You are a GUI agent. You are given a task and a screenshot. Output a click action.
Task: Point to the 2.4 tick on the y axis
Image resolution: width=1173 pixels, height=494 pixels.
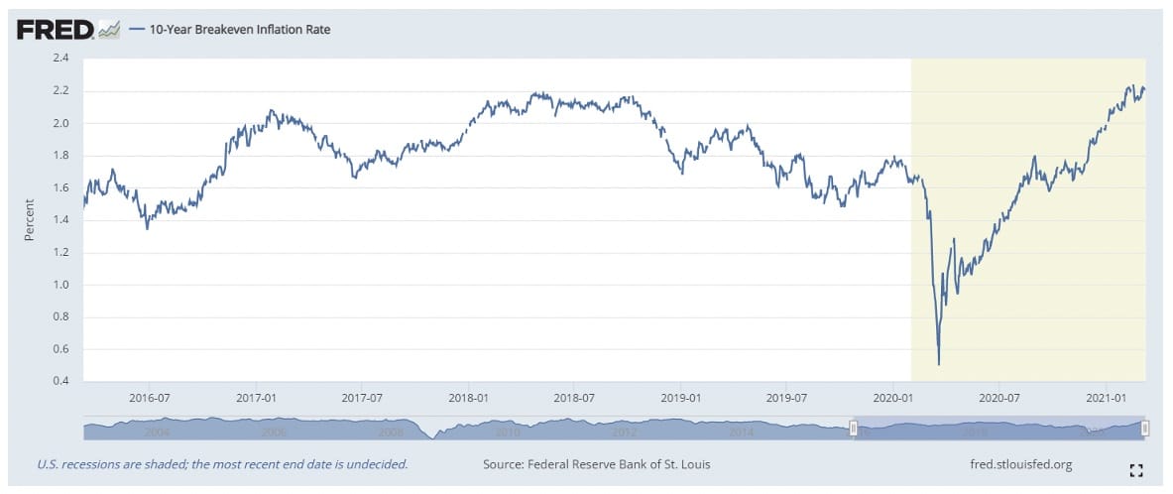(61, 59)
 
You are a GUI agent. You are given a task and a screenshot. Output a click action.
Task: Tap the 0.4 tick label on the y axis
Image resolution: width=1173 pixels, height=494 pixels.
(61, 382)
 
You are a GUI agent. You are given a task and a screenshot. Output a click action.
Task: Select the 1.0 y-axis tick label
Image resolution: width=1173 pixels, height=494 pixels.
(61, 285)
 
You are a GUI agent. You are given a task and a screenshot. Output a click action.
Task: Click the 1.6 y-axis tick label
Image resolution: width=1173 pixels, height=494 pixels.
(61, 187)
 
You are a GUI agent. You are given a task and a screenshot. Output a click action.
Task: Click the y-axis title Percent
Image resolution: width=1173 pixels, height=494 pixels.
(30, 220)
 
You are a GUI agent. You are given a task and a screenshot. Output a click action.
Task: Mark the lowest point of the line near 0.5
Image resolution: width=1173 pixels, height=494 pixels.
(938, 364)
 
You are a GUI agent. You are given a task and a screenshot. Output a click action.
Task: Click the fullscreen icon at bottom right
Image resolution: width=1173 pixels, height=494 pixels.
(1136, 469)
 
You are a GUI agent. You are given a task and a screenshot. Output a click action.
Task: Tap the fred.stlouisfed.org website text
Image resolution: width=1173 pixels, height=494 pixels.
(1020, 464)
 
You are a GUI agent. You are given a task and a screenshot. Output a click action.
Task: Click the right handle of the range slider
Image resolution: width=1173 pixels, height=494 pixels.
(1144, 428)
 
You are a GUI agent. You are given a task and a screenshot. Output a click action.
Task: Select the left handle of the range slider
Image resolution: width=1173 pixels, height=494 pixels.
(853, 428)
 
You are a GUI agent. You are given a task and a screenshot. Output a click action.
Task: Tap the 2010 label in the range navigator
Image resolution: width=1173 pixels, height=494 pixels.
(507, 432)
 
